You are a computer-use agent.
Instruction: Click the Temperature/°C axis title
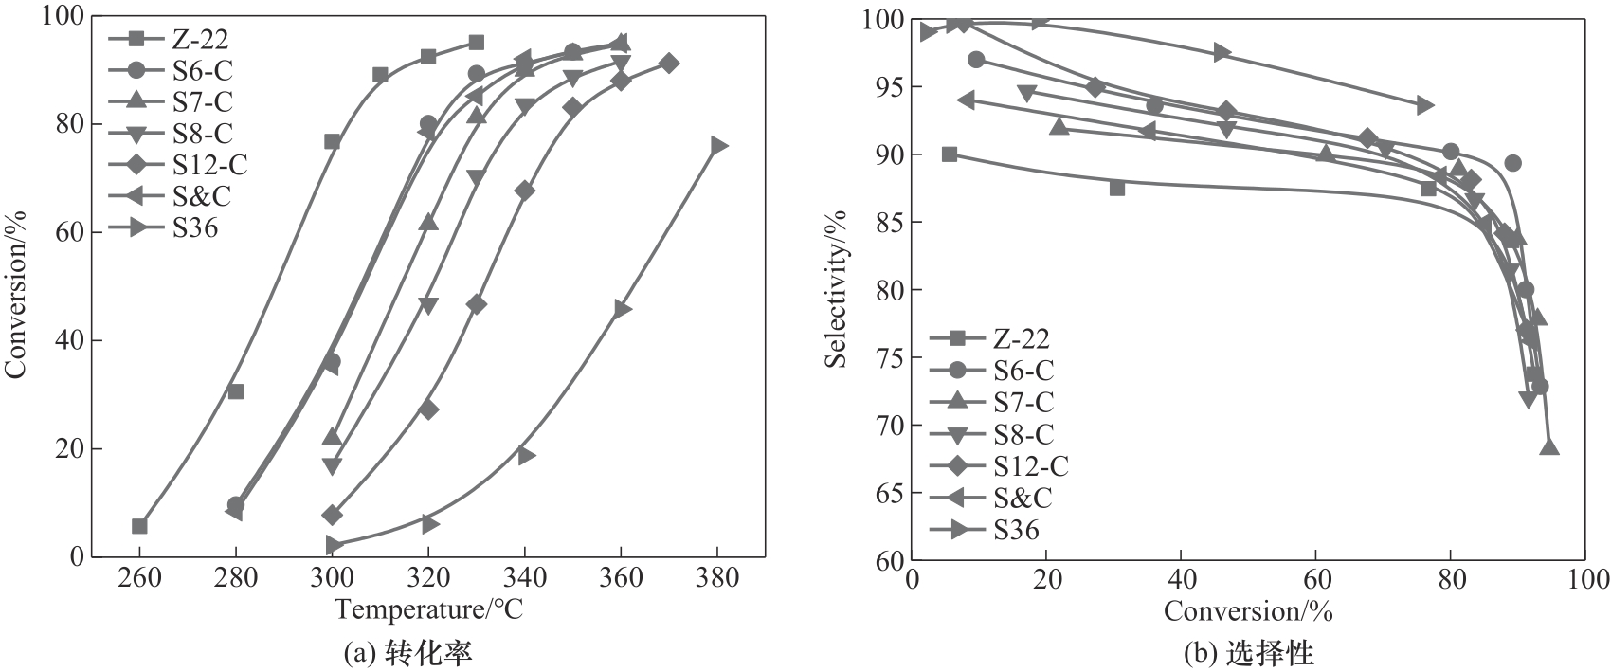(428, 609)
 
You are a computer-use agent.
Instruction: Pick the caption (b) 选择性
(1248, 653)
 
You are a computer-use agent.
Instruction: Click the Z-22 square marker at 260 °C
(139, 526)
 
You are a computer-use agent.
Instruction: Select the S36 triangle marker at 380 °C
(718, 145)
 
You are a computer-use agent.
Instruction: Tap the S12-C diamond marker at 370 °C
(669, 64)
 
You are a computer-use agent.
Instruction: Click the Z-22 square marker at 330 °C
(476, 43)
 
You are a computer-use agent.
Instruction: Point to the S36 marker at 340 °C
(526, 455)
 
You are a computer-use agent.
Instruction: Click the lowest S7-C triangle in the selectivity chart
(1549, 446)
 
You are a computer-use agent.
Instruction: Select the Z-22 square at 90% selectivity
(950, 154)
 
